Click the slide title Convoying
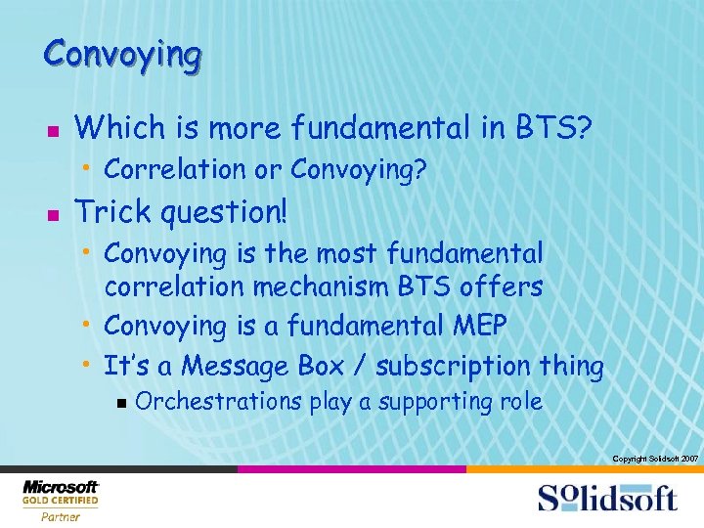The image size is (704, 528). [x=122, y=53]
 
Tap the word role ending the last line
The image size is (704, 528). [x=519, y=402]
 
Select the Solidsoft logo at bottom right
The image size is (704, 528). [x=606, y=498]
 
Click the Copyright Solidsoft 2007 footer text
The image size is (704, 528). [x=654, y=459]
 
